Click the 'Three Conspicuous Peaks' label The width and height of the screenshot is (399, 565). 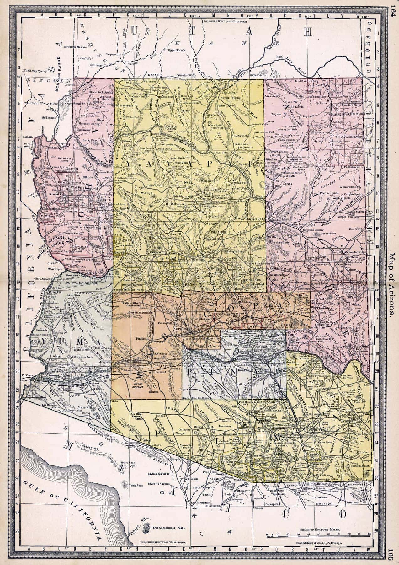167,528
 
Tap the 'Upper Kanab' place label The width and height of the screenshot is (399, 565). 177,50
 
